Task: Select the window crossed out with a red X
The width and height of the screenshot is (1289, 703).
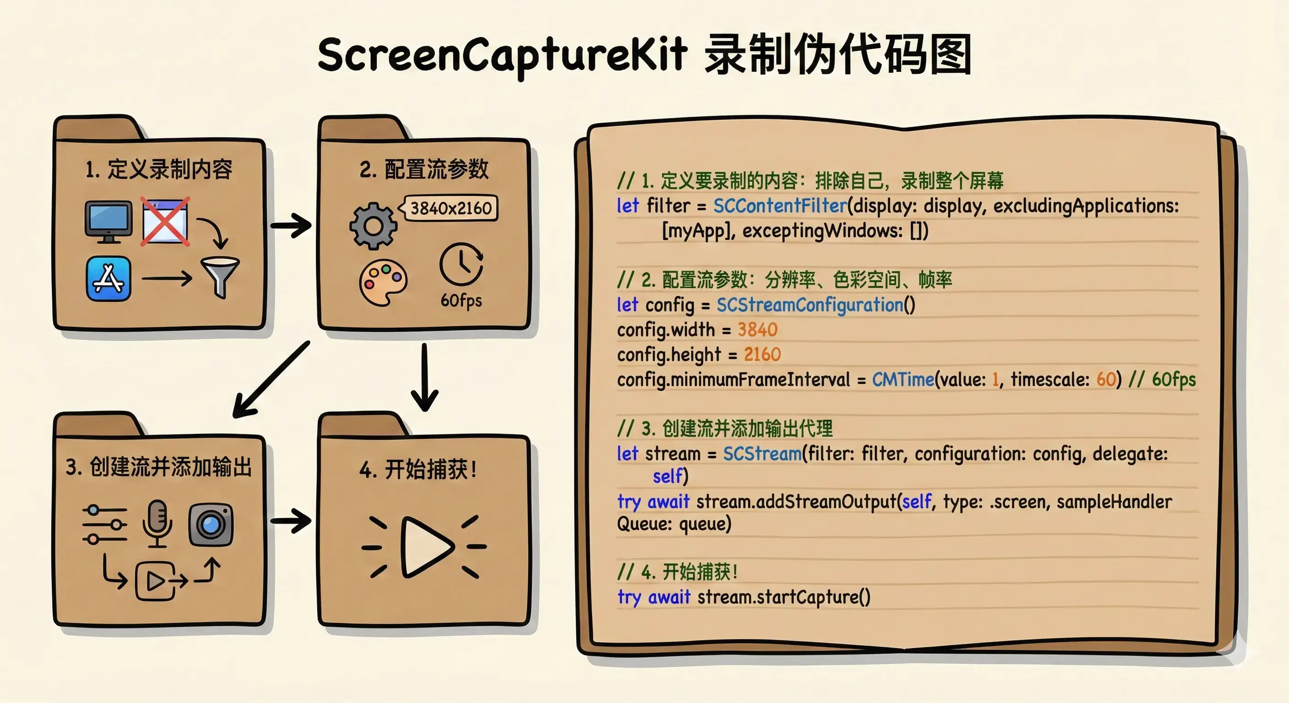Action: pos(165,221)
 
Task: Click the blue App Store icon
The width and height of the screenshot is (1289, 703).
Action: pos(108,279)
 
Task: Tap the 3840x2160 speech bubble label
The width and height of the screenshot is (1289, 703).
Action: pos(450,208)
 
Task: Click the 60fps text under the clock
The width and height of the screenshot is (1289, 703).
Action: pos(461,300)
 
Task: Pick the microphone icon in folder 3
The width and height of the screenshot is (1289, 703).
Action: pos(157,523)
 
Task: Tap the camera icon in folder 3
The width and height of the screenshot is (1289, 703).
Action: pos(211,525)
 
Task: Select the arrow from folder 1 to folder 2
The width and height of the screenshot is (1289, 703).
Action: pos(291,226)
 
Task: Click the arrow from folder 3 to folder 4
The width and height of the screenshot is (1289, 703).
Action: pos(291,521)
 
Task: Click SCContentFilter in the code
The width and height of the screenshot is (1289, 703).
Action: pos(780,205)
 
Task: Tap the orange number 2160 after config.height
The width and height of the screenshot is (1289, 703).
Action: pos(762,354)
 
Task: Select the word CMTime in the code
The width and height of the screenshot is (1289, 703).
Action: pos(903,379)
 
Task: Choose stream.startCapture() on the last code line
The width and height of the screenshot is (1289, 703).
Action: pos(784,597)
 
